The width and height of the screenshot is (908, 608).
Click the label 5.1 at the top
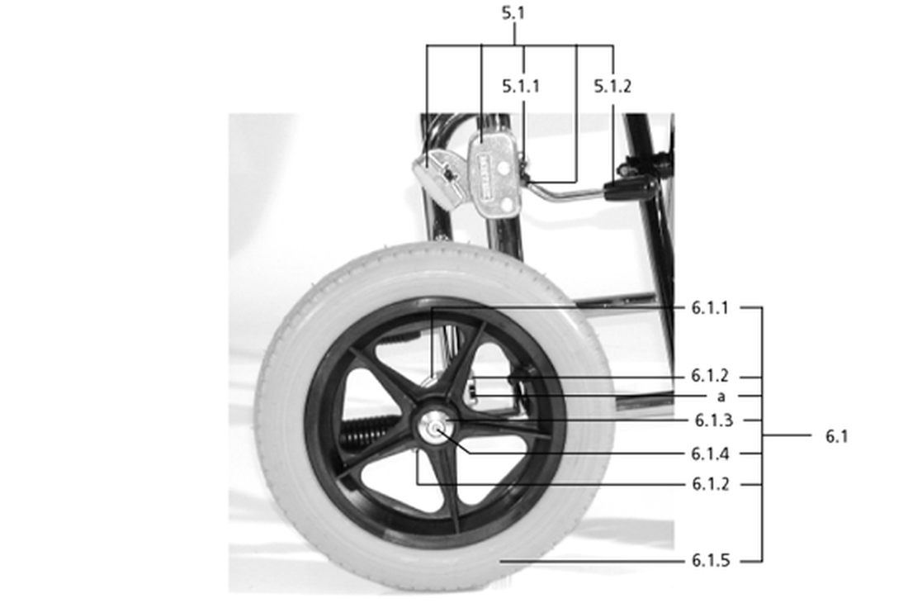pos(513,12)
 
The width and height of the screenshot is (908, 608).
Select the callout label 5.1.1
pos(521,87)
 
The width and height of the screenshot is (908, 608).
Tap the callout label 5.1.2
pos(612,87)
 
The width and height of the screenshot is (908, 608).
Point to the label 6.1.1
pos(710,308)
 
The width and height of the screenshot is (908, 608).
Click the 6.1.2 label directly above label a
pos(710,376)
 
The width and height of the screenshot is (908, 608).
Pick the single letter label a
pos(721,397)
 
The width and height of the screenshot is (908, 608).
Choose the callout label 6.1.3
pos(714,420)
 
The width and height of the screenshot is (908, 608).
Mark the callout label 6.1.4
pos(710,454)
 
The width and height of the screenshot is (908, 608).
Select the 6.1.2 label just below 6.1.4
pos(711,484)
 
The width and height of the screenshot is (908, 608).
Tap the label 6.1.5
pos(711,560)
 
